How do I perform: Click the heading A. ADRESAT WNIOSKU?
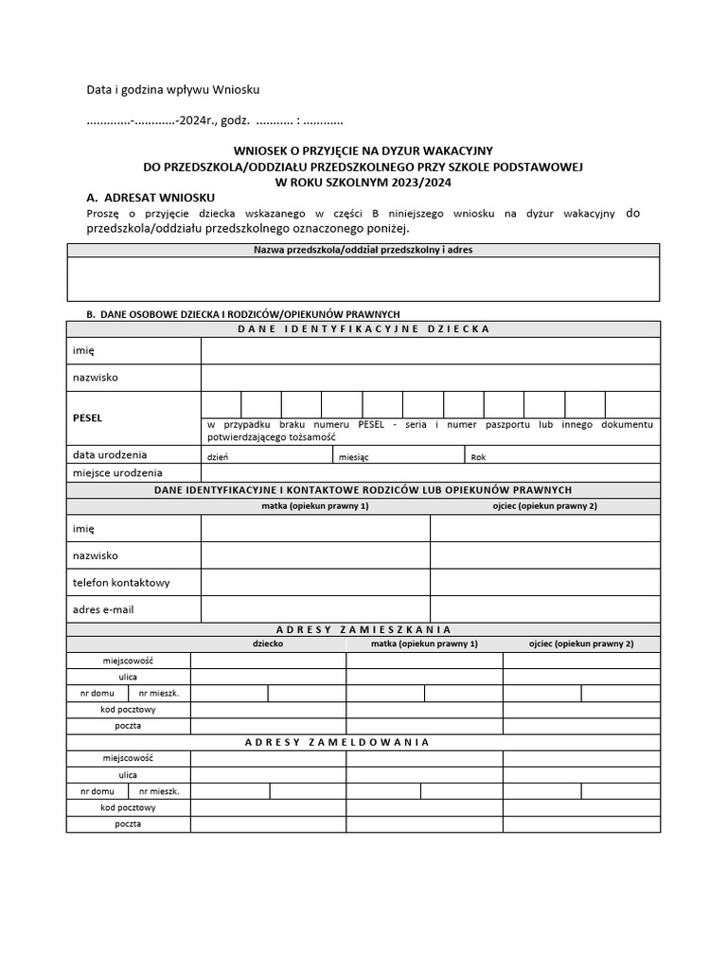tap(151, 198)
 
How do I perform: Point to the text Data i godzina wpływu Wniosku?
tap(172, 90)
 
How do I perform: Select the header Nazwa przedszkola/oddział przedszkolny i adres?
tap(363, 250)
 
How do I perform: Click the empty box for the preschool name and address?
tap(363, 279)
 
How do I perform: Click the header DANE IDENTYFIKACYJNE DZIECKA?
tap(363, 328)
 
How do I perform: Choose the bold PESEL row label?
tap(87, 417)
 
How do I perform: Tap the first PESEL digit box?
tap(221, 404)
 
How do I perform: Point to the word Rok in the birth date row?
tap(478, 456)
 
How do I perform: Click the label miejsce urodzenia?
tap(117, 472)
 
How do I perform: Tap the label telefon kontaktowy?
tap(121, 582)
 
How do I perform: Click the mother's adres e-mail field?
tap(315, 609)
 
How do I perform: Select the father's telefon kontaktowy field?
tap(545, 582)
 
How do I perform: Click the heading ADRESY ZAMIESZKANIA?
tap(363, 629)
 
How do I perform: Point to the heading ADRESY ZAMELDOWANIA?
tap(337, 742)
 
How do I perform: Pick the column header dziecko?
tap(268, 643)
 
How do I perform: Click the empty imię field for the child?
tap(430, 350)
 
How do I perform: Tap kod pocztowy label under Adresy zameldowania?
tap(128, 807)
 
